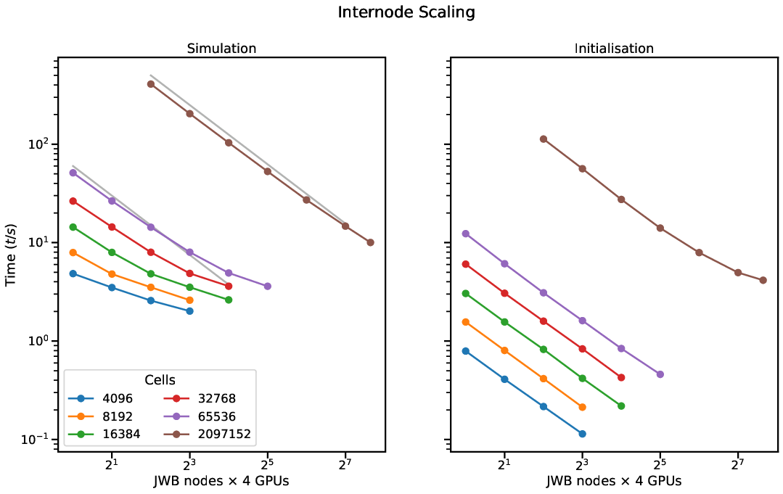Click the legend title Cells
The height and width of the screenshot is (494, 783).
tap(160, 380)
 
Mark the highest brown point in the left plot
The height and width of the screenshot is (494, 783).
tap(151, 84)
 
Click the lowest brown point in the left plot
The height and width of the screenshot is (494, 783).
tap(370, 242)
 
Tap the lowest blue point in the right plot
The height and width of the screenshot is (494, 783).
tap(583, 434)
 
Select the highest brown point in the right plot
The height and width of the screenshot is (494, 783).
tap(544, 139)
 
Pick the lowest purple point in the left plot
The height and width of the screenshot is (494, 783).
tap(267, 286)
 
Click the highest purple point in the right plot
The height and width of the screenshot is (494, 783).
tap(466, 234)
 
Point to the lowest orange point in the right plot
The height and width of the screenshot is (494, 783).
tap(583, 407)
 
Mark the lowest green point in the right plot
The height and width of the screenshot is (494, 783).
tap(621, 406)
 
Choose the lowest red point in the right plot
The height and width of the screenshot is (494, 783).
tap(621, 377)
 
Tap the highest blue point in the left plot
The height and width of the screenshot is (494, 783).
tap(73, 273)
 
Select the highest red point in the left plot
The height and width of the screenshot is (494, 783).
tap(73, 201)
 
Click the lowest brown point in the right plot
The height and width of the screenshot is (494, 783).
tap(763, 280)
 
